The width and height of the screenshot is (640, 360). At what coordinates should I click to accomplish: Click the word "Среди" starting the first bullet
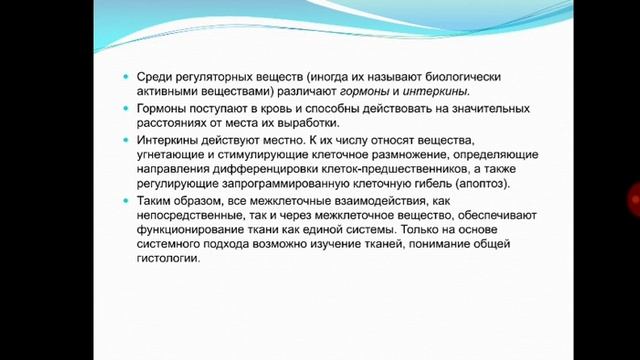(x=151, y=77)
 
